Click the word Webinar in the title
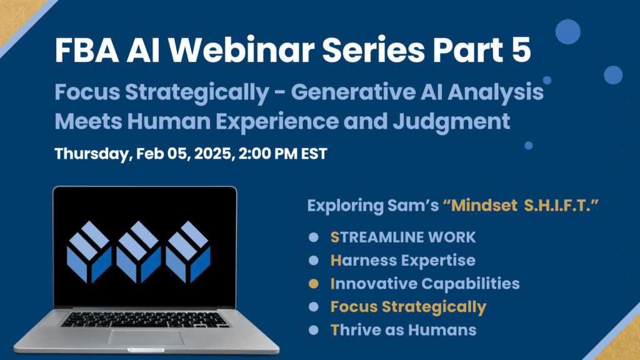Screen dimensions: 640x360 [241, 50]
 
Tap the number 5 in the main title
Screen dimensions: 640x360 [520, 50]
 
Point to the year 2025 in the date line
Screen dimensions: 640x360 [214, 154]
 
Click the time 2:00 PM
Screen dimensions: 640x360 [267, 154]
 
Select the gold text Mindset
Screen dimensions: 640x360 [481, 205]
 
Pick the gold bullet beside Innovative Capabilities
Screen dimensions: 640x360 [314, 284]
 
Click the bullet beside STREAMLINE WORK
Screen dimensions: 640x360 [314, 237]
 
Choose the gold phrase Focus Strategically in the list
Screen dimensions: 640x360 [408, 307]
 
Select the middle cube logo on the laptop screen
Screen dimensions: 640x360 [139, 252]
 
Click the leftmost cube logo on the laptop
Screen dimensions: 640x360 [89, 252]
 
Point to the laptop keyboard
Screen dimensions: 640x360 [144, 319]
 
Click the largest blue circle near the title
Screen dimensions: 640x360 [567, 31]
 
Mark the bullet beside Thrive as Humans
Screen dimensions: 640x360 [314, 330]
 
